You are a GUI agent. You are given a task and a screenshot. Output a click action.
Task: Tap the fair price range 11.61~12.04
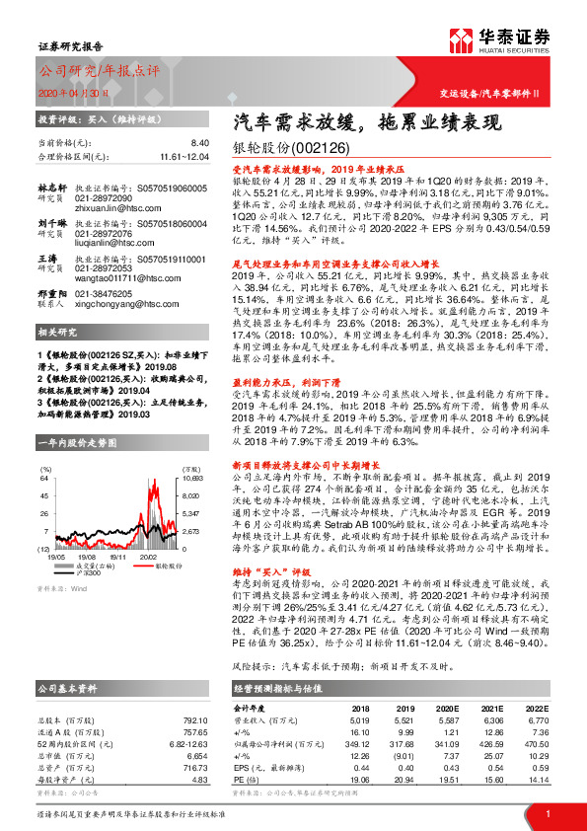(x=184, y=156)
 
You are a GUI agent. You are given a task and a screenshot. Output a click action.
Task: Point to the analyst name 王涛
(x=45, y=259)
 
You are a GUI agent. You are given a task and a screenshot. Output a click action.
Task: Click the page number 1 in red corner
(x=548, y=813)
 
